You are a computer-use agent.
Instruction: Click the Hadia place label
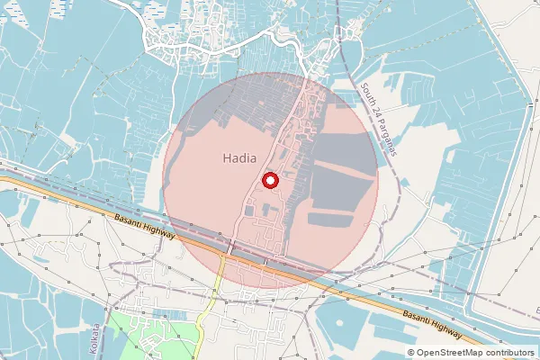(238, 158)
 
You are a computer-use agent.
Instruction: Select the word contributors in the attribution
(512, 353)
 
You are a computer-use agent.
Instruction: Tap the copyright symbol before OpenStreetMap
(411, 353)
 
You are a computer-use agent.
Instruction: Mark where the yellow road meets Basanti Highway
(222, 255)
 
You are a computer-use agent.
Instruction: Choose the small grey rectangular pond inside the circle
(247, 211)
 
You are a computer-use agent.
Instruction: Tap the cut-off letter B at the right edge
(536, 310)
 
